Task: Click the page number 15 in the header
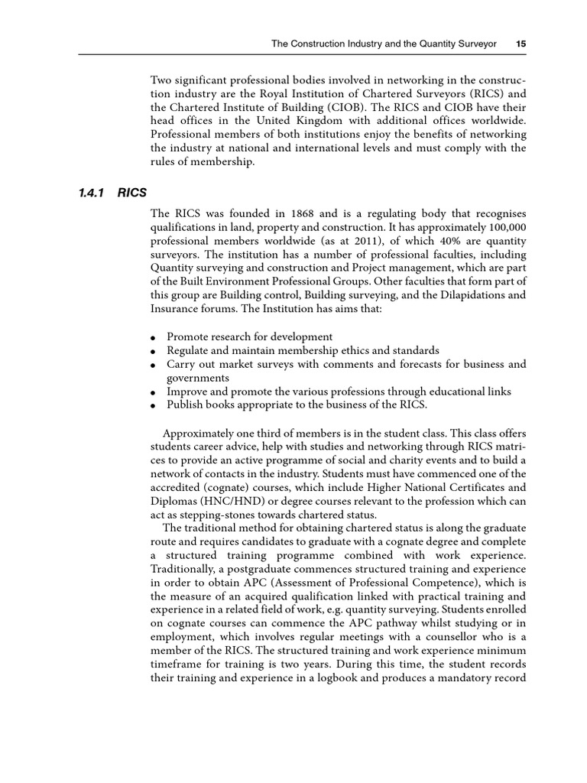click(x=521, y=44)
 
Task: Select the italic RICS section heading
click(x=132, y=193)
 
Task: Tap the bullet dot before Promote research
click(x=154, y=337)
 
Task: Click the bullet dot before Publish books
click(x=154, y=406)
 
